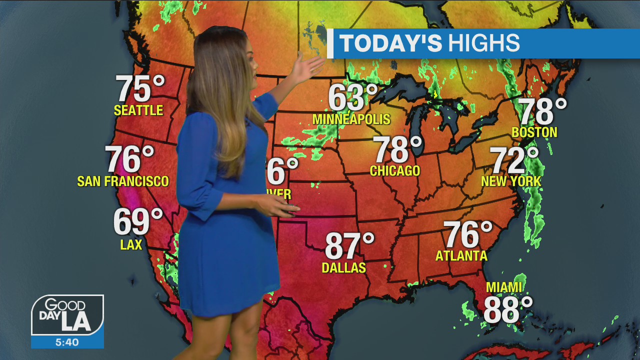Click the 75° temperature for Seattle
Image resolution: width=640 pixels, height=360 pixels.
140,89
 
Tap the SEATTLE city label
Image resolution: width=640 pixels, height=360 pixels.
138,110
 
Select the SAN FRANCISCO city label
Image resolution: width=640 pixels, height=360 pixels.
123,181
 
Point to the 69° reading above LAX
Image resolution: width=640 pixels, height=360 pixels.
138,222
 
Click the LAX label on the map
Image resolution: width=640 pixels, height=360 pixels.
131,244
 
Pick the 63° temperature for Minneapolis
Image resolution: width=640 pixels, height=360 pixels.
352,98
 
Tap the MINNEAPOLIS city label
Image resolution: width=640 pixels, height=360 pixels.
351,119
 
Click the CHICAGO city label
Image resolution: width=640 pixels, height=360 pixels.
395,171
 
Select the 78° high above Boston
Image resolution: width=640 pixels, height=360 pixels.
542,111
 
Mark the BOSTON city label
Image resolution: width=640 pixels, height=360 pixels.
534,132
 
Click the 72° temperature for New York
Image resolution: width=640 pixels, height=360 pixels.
514,160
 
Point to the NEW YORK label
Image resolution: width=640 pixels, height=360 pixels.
511,181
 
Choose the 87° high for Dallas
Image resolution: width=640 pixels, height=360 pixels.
349,246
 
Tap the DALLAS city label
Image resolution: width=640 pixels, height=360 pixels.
344,268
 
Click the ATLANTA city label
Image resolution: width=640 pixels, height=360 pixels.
461,256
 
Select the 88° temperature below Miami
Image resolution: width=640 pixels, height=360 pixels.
507,310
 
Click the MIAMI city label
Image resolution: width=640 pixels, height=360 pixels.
504,287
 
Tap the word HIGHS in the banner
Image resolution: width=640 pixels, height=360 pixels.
483,43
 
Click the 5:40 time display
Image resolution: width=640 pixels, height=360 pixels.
67,342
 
